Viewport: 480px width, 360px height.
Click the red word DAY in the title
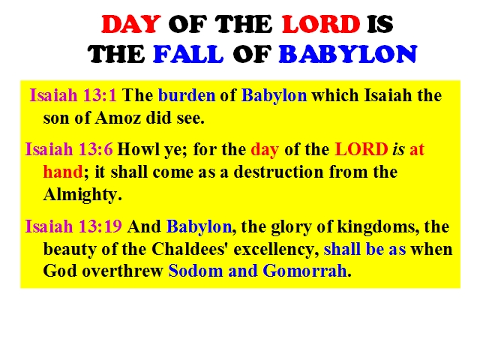(131, 24)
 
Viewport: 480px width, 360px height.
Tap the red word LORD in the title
(321, 24)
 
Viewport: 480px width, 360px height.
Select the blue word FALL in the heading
(188, 54)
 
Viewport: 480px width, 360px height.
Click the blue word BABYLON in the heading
(348, 54)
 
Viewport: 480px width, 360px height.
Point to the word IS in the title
(380, 24)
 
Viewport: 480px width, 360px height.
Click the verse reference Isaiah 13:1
(73, 95)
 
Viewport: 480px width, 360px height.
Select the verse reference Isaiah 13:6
(69, 149)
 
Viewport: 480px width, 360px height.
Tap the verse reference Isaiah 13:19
(73, 226)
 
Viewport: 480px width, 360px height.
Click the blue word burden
(187, 95)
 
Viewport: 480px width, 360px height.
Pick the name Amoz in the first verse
(118, 118)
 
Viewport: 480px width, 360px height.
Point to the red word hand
(63, 172)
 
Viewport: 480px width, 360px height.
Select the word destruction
(278, 172)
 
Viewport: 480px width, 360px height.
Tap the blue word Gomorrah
(304, 271)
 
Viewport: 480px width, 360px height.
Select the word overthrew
(122, 271)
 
